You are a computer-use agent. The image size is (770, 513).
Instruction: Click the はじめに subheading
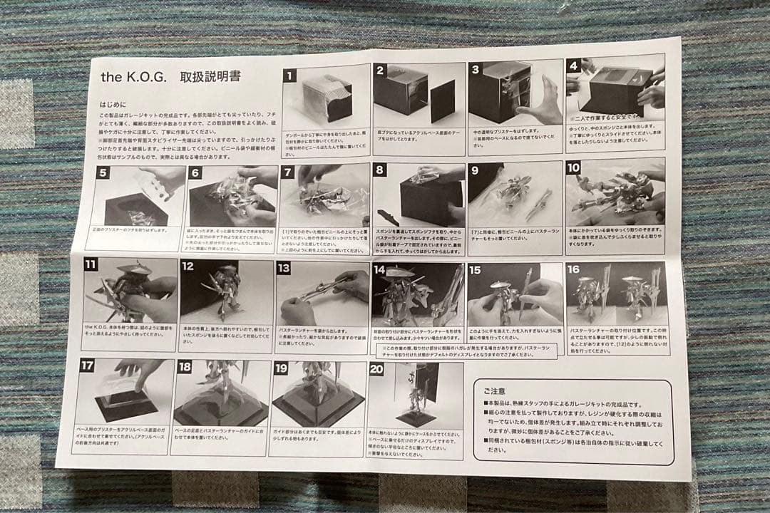coord(114,104)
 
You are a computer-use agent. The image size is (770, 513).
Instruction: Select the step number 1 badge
coord(289,75)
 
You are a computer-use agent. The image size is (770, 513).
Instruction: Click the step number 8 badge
coord(381,170)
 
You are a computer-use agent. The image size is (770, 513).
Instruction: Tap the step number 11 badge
coord(90,264)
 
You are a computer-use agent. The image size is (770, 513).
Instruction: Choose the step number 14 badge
coord(379,269)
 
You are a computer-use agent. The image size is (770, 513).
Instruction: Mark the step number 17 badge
coord(86,366)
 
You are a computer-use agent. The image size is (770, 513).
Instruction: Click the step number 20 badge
coord(376,369)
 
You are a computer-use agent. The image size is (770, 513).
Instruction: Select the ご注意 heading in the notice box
coord(495,391)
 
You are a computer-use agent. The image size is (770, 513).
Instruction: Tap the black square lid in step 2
coord(442,100)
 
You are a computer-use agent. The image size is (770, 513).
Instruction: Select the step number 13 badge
coord(283,269)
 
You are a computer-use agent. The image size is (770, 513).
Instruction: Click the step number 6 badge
coord(196,172)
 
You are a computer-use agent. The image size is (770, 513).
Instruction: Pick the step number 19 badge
coord(281,368)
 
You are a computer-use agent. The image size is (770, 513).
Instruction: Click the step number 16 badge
coord(573,269)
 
